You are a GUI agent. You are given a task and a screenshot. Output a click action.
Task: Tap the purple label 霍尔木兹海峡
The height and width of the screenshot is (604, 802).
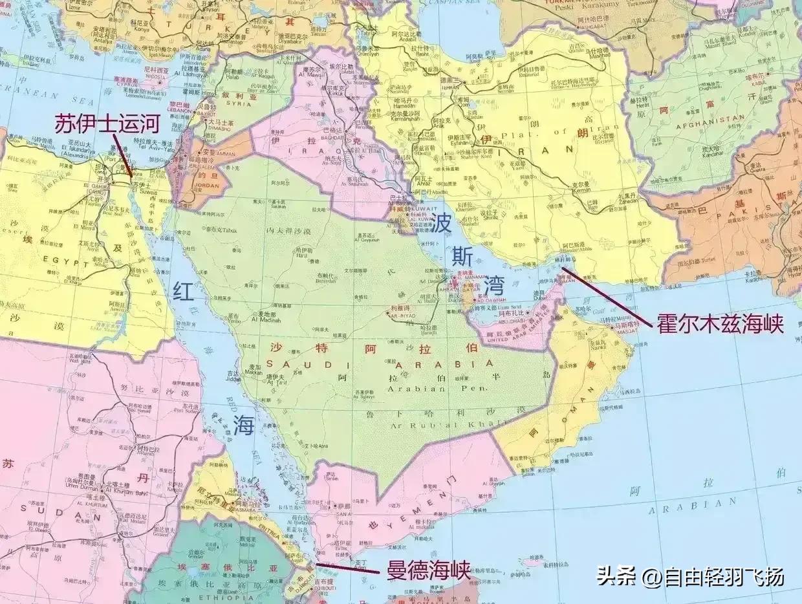[x=721, y=324]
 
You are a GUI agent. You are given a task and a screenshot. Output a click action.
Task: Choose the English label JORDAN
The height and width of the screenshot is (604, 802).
[x=202, y=186]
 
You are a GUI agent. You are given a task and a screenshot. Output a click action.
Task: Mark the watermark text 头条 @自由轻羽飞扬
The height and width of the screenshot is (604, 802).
[x=689, y=576]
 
